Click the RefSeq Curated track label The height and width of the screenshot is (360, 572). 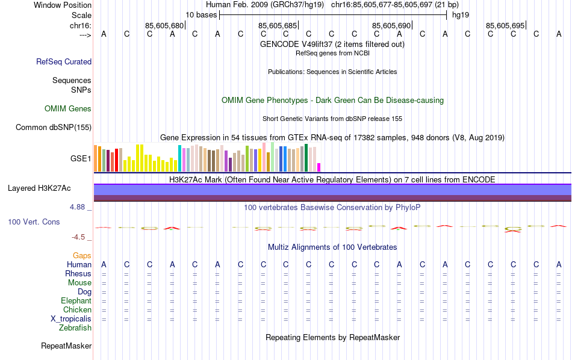(x=64, y=61)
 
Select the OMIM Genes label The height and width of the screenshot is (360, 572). (x=68, y=109)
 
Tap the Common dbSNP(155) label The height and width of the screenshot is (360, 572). (x=54, y=127)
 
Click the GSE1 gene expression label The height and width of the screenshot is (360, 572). (x=81, y=159)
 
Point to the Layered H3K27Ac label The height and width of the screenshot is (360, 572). (x=39, y=188)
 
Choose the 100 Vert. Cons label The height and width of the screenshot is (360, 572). (x=34, y=222)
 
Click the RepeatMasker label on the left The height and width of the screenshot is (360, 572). (x=66, y=346)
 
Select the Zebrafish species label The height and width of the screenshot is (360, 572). (x=75, y=328)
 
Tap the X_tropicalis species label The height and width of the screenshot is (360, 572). (x=71, y=319)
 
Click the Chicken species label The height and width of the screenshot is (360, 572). (x=77, y=310)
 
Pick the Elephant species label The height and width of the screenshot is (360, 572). (x=76, y=301)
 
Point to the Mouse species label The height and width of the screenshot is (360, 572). (x=79, y=283)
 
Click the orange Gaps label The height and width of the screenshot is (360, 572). (x=82, y=256)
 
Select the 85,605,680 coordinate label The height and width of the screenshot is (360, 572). (x=164, y=25)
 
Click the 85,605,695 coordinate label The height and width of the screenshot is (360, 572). (x=505, y=25)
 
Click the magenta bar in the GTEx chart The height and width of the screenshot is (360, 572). (x=319, y=167)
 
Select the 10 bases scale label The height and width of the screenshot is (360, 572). (x=201, y=14)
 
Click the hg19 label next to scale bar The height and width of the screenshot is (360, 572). (x=461, y=14)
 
